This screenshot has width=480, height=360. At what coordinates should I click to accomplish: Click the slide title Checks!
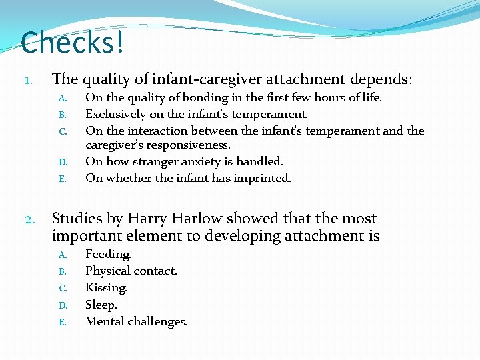[x=72, y=42]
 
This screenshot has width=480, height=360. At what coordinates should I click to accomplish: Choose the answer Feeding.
[x=108, y=254]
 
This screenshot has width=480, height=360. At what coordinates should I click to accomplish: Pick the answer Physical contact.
[x=131, y=271]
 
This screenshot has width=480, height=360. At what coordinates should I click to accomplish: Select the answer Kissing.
[x=106, y=288]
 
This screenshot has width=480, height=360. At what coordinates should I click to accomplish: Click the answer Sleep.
[x=101, y=305]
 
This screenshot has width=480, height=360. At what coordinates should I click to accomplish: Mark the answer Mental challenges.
[x=136, y=321]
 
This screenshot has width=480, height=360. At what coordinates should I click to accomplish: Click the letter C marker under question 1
[x=62, y=131]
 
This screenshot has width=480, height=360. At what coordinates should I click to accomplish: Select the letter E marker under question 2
[x=62, y=322]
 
